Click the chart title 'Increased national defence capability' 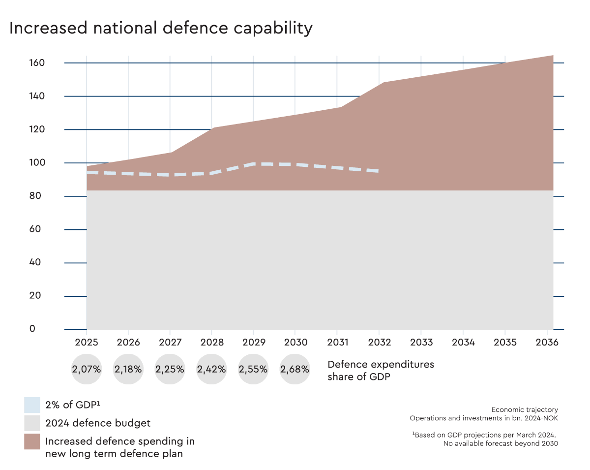161,28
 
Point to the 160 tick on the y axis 37,63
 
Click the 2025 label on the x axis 87,342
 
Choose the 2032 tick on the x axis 379,342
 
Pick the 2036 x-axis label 546,342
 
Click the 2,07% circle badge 87,369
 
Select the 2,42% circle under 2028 211,369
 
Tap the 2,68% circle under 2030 295,369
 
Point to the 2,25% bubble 170,369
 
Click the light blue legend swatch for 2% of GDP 32,405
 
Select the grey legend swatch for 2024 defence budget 32,423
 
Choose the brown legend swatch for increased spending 32,441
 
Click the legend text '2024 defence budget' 98,423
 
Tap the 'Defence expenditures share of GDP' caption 381,370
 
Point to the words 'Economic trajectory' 525,409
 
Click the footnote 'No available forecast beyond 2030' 501,443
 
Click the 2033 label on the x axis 421,342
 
